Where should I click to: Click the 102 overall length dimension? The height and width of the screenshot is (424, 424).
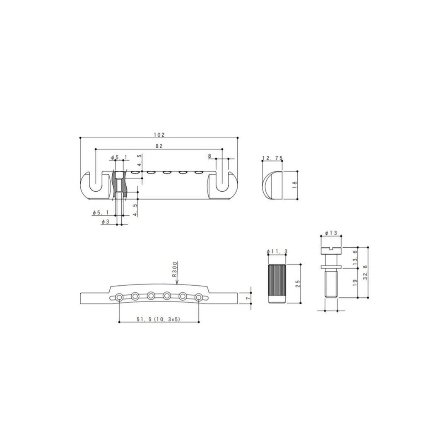159,135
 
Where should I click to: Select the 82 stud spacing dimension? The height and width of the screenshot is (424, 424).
159,146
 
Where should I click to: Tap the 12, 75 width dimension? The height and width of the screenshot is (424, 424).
272,158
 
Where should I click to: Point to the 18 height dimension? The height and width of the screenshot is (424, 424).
294,185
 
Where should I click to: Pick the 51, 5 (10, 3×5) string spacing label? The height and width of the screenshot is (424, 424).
159,319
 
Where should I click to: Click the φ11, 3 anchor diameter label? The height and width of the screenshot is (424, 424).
277,252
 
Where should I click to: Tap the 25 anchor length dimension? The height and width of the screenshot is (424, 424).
298,284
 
